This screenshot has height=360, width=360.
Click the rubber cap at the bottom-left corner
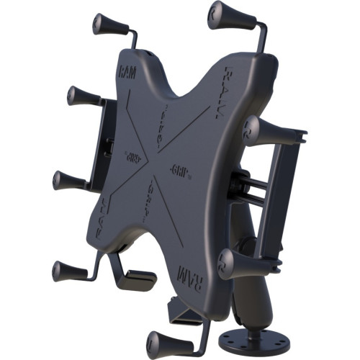(69, 271)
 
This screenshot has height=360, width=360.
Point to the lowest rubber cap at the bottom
(164, 341)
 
